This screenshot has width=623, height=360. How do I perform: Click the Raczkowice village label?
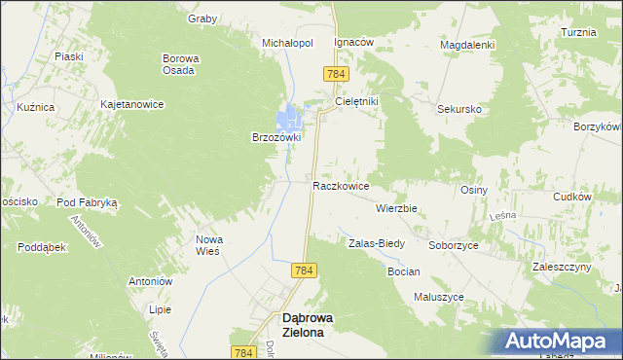340,184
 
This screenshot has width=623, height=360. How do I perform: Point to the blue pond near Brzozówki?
290,121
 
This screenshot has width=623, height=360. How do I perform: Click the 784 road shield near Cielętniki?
336,74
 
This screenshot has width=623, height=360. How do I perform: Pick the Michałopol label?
287,44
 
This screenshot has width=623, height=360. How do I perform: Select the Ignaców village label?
354,44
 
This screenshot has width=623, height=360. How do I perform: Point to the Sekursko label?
459,110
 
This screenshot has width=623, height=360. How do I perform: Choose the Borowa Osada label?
180,63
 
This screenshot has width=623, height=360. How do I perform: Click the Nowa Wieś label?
210,244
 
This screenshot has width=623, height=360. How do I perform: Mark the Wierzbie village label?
396,208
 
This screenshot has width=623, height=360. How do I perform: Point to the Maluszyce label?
439,297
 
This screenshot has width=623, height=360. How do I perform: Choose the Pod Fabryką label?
87,202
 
